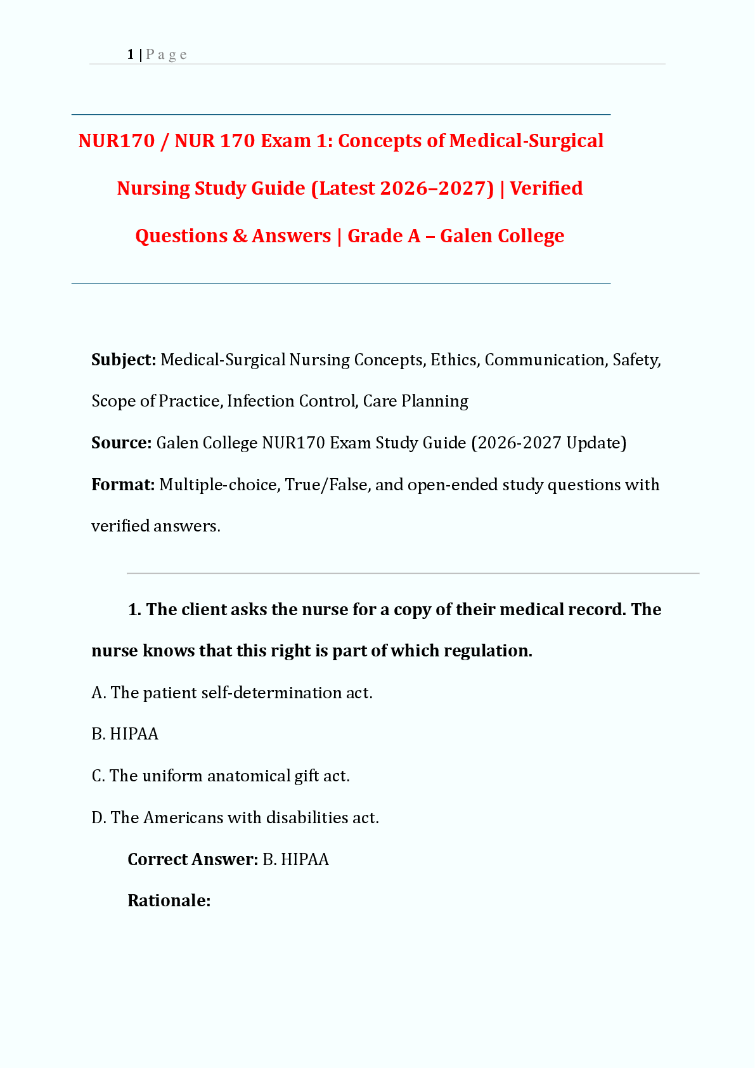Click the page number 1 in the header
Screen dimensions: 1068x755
[x=131, y=55]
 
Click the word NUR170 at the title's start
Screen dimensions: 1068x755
[x=117, y=141]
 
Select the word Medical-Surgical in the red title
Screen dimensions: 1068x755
[x=526, y=141]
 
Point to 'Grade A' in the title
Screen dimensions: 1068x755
[x=384, y=236]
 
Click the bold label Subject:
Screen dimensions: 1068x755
[x=124, y=360]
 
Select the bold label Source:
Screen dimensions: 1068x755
[x=121, y=443]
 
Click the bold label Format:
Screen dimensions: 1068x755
[x=123, y=485]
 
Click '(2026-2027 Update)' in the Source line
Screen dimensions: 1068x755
[x=548, y=443]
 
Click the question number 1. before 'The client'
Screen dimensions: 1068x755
[x=134, y=609]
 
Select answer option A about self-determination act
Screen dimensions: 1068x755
[x=232, y=693]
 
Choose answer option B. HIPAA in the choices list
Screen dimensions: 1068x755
[x=125, y=734]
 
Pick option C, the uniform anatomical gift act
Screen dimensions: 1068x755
[x=221, y=776]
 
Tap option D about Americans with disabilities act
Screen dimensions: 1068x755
[x=235, y=817]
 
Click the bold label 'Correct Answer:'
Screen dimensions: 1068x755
[x=193, y=859]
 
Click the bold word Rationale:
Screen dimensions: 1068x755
[x=169, y=901]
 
